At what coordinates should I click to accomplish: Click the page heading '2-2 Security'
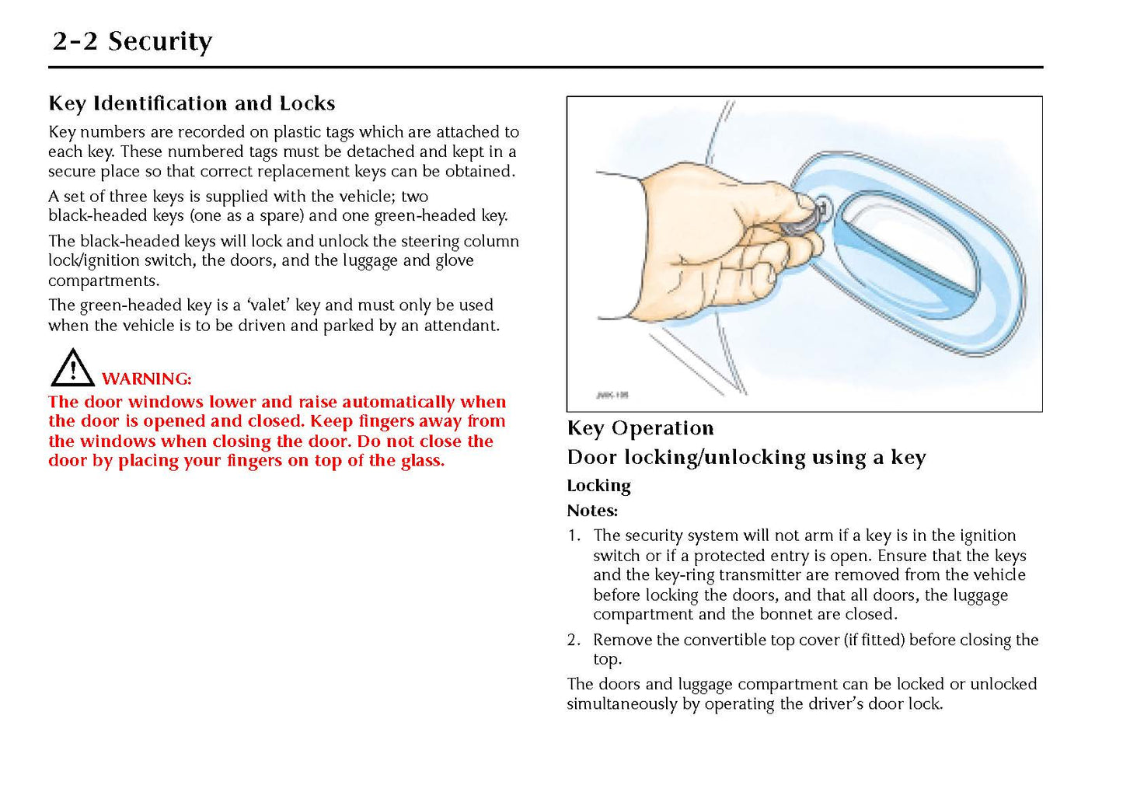coord(132,40)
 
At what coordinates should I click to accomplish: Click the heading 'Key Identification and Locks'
coord(191,103)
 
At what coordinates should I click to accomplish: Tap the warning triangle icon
coord(72,368)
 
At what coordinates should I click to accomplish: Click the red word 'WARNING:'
coord(146,379)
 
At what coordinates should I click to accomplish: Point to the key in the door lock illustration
coord(804,222)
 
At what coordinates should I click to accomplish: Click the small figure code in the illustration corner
coord(612,395)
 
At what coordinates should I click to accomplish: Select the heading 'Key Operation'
coord(640,428)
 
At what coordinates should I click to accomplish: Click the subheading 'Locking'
coord(598,486)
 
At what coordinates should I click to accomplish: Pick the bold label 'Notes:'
coord(592,511)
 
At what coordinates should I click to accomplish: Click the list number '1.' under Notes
coord(574,536)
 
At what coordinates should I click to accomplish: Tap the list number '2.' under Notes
coord(574,640)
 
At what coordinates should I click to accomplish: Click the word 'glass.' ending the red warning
coord(422,461)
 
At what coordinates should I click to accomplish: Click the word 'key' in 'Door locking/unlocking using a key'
coord(908,458)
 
